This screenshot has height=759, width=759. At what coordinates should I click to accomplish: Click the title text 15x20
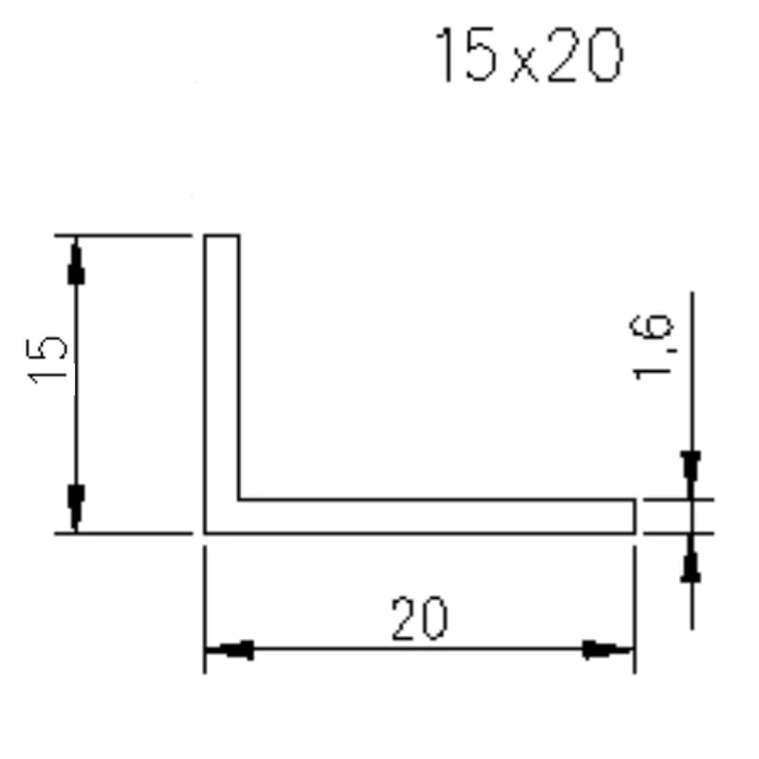(528, 56)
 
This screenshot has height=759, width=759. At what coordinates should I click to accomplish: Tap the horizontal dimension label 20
(418, 620)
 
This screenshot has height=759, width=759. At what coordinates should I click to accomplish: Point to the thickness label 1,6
(654, 345)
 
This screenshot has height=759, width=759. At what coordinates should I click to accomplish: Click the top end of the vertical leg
(222, 236)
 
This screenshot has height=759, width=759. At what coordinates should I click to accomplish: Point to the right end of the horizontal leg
(633, 516)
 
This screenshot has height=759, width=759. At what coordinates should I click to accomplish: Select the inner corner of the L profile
(238, 499)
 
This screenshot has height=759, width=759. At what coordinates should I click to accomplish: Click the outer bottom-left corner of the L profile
(206, 532)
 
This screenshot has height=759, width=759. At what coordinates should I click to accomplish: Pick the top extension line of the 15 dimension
(123, 235)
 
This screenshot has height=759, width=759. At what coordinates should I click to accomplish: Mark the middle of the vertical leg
(222, 370)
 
